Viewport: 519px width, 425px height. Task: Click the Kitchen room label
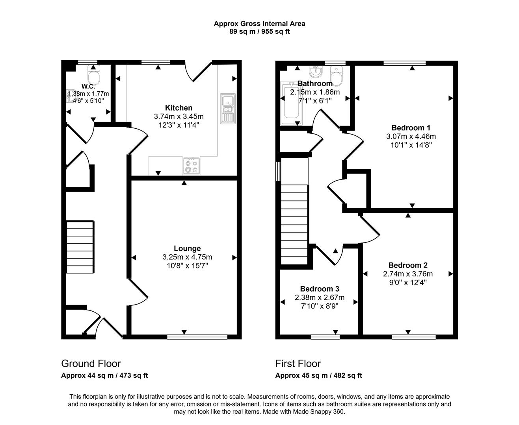(179, 108)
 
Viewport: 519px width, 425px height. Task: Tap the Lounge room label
(187, 248)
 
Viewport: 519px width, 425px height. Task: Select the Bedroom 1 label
(411, 128)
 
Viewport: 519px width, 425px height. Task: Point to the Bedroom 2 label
(407, 265)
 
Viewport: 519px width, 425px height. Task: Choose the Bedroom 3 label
(319, 289)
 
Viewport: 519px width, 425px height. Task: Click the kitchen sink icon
(227, 108)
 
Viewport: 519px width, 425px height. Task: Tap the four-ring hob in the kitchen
(192, 166)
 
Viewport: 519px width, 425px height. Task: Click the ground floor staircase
(80, 247)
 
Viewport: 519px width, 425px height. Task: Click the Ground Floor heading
(91, 364)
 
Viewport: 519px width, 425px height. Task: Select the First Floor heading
(298, 364)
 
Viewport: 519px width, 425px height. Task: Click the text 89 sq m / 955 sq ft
(259, 31)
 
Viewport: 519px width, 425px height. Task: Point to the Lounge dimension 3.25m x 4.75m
(187, 257)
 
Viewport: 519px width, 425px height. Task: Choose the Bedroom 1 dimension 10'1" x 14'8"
(411, 145)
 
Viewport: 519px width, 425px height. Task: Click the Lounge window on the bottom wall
(197, 337)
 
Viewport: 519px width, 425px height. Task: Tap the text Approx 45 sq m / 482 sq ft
(318, 375)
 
